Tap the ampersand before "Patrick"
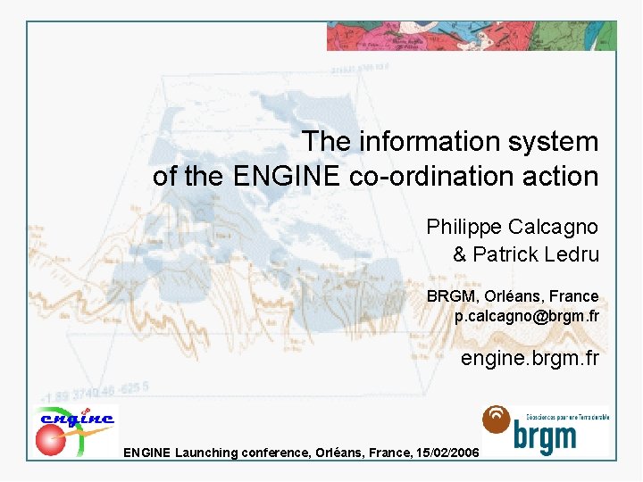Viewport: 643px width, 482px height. (460, 254)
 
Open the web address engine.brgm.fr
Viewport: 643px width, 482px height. (530, 360)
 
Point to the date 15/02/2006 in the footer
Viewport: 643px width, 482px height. (447, 453)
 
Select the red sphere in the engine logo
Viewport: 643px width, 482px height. (50, 439)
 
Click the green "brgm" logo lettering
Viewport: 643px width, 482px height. (545, 436)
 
